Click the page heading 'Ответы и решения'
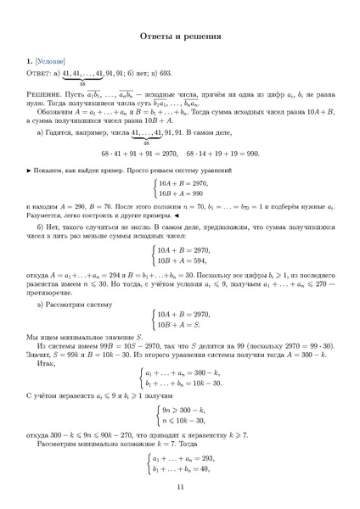pos(180,37)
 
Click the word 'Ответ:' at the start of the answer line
pos(39,74)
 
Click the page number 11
pos(180,487)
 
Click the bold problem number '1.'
pos(30,63)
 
